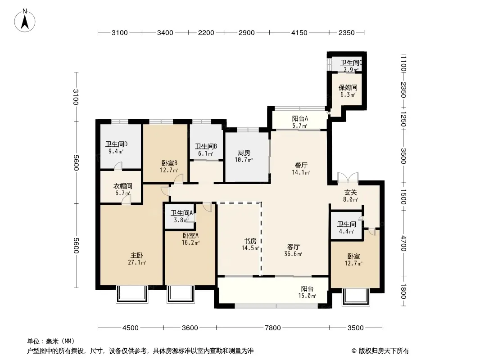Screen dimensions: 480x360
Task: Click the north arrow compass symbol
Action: pos(25,21)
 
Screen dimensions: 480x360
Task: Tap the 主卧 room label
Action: pos(137,256)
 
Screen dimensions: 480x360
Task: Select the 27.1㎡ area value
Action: pos(137,262)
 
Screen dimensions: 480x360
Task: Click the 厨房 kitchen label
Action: pos(244,153)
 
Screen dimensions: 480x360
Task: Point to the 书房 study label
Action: pos(250,241)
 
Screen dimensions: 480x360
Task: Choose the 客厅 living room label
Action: pos(293,247)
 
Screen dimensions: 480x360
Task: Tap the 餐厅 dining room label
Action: pos(301,166)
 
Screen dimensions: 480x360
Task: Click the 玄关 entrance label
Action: pos(350,193)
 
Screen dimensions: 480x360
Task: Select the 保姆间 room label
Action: pos(348,88)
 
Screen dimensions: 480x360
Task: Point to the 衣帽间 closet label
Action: pos(123,186)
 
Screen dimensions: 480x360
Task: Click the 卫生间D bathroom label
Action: pos(116,144)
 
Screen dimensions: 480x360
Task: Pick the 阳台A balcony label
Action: pos(300,119)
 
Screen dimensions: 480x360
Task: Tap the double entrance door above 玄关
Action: pos(348,178)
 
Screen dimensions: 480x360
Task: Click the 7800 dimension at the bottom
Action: pos(273,328)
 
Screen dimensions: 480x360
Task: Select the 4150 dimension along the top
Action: pos(299,33)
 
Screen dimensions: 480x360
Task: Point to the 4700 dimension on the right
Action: pos(403,243)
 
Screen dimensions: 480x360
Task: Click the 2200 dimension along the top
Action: pos(206,33)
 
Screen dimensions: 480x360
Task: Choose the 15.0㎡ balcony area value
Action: pos(307,296)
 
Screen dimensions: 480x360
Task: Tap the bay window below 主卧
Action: pos(132,294)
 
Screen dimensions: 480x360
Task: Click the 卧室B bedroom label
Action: pos(169,163)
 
